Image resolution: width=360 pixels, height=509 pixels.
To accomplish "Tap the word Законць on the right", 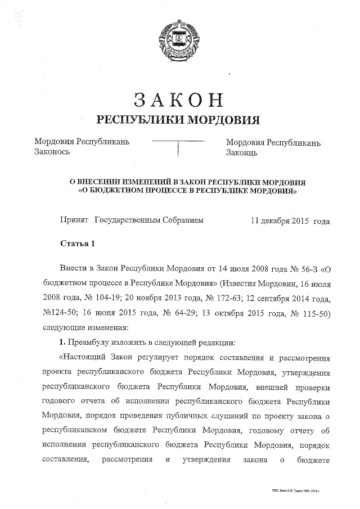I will click(242, 152).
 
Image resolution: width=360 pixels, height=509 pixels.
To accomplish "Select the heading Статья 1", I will click(78, 244).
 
